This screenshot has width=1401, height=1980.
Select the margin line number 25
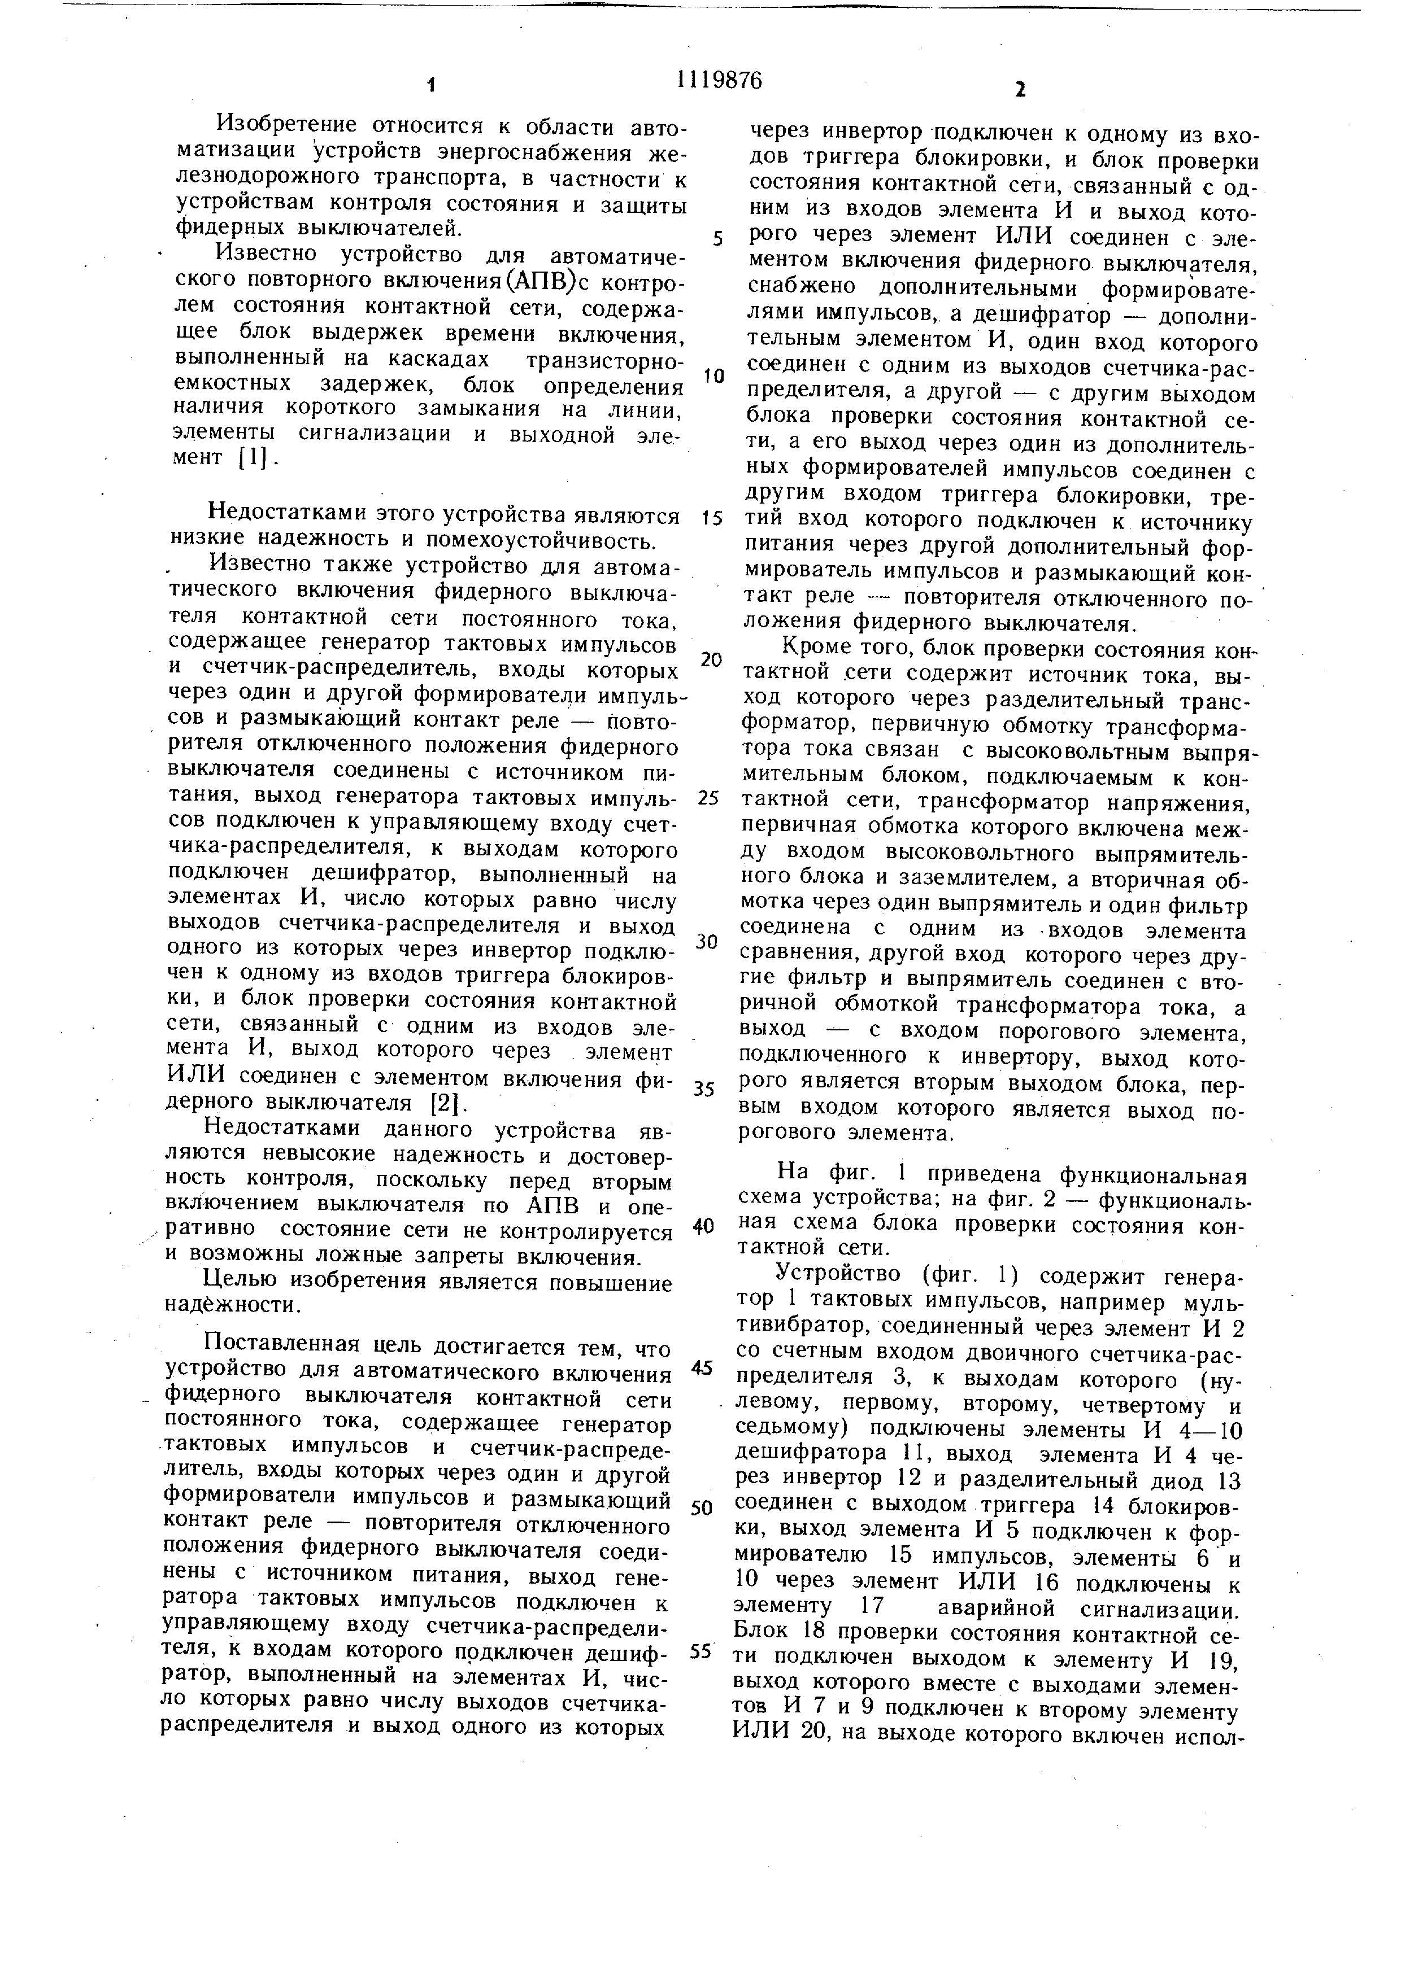pos(707,798)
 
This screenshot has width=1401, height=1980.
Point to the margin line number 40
pos(705,1225)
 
